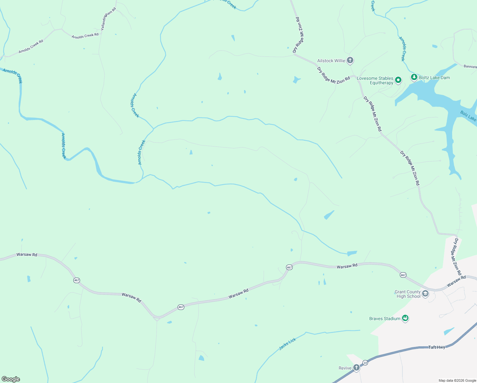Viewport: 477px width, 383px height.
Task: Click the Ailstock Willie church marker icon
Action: pyautogui.click(x=350, y=60)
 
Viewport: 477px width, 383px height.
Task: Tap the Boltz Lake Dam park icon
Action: pyautogui.click(x=414, y=77)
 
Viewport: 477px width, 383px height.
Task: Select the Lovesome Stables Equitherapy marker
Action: pyautogui.click(x=398, y=80)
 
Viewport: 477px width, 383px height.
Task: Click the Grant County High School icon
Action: pyautogui.click(x=425, y=294)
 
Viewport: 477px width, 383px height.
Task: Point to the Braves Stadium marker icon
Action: pyautogui.click(x=405, y=318)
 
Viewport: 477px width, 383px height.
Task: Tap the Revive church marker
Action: pyautogui.click(x=356, y=368)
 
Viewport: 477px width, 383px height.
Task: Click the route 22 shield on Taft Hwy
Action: pyautogui.click(x=365, y=363)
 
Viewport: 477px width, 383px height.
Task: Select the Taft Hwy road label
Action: pyautogui.click(x=437, y=347)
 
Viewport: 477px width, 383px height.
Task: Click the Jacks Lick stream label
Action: pyautogui.click(x=288, y=344)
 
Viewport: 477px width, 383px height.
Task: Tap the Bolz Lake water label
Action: pyautogui.click(x=468, y=116)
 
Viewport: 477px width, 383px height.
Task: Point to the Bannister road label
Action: pyautogui.click(x=470, y=66)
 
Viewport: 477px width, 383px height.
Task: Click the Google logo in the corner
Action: pyautogui.click(x=11, y=379)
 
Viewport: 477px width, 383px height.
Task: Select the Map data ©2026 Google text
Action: pyautogui.click(x=457, y=380)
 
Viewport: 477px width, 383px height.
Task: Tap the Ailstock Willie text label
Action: pyautogui.click(x=331, y=61)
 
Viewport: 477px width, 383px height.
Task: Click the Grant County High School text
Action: pyautogui.click(x=407, y=294)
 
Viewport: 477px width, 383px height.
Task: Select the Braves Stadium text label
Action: pyautogui.click(x=385, y=319)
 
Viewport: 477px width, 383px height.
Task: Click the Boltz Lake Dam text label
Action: pyautogui.click(x=434, y=78)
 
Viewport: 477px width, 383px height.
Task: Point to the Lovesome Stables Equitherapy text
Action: pyautogui.click(x=375, y=80)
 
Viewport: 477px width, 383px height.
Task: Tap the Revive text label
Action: pyautogui.click(x=345, y=368)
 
